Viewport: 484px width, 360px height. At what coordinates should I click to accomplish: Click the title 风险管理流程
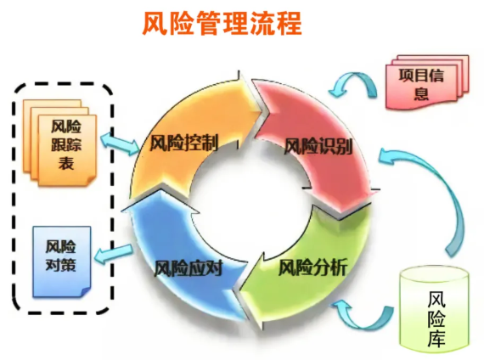coord(222,24)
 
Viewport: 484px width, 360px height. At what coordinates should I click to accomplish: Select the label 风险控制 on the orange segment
coord(184,143)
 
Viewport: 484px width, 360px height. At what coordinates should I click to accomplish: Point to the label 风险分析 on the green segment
coord(313,267)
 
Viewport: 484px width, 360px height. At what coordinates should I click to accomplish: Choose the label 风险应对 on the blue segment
coord(188,267)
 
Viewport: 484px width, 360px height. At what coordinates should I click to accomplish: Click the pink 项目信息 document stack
coord(427,82)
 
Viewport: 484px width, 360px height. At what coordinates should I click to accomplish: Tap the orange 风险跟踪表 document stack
coord(60,143)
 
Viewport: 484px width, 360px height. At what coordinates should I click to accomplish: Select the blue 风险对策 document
coord(62,262)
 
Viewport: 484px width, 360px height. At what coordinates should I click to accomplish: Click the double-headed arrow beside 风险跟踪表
coord(121,143)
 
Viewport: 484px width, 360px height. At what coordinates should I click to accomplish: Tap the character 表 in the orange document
coord(66,162)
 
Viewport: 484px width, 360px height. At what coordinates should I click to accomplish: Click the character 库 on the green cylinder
coord(436,337)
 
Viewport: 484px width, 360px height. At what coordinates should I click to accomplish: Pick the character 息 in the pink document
coord(421,92)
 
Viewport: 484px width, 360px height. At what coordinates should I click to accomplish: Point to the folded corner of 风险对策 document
coord(86,292)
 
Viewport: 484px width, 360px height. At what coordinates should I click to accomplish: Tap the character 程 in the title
coord(289,24)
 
